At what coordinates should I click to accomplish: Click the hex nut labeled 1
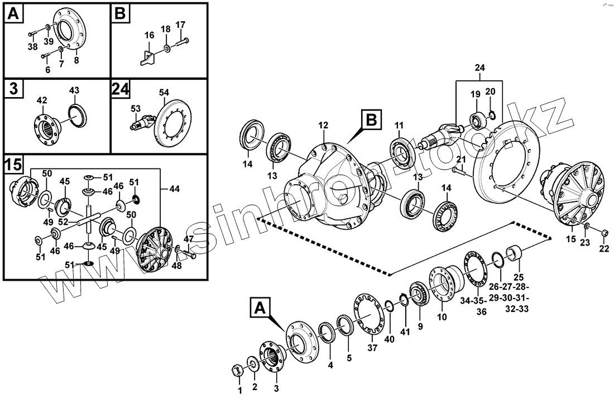tap(237, 370)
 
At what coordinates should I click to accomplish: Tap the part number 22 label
tap(603, 249)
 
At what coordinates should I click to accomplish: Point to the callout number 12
tap(324, 126)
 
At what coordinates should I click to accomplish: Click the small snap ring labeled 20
tap(491, 116)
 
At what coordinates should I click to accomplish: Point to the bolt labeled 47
tap(188, 254)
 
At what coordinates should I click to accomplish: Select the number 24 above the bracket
tap(480, 68)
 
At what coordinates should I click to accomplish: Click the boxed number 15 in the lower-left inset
tap(14, 165)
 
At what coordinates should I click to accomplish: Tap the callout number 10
tap(442, 317)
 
